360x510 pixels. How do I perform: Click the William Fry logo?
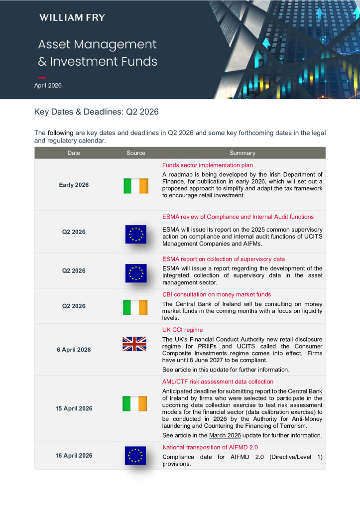(x=72, y=18)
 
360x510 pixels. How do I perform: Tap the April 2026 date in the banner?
(x=48, y=86)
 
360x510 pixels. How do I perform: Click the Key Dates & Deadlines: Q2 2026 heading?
(x=96, y=112)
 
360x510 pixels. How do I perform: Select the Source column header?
(x=136, y=153)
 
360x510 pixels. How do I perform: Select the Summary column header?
(x=242, y=153)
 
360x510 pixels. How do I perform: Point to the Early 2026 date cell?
(x=74, y=185)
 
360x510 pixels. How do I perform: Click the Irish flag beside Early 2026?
(x=136, y=186)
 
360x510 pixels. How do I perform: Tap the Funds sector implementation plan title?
(x=208, y=165)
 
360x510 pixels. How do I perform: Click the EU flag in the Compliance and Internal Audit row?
(x=136, y=234)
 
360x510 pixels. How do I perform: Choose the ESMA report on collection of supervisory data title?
(x=224, y=259)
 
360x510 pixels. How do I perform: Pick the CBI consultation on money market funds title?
(x=217, y=294)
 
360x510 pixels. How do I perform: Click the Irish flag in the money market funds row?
(x=135, y=307)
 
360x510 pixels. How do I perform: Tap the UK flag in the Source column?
(x=134, y=344)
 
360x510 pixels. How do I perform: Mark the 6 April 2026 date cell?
(x=74, y=350)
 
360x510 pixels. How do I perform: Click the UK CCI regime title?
(x=183, y=330)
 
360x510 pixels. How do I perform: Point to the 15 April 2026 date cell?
(x=74, y=409)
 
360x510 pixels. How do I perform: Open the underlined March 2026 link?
(x=225, y=435)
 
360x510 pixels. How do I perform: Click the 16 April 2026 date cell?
(x=74, y=456)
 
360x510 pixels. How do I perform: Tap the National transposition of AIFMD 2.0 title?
(x=210, y=447)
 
